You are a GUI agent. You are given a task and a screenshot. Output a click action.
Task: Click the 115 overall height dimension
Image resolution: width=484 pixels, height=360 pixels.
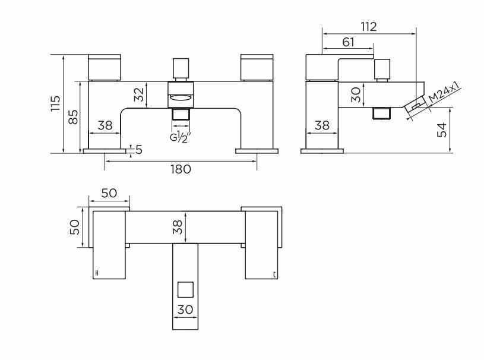[56, 104]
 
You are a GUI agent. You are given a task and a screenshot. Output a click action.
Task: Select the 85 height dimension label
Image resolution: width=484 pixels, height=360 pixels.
[74, 117]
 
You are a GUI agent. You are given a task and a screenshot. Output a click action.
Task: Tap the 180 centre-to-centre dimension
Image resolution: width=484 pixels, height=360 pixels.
[181, 169]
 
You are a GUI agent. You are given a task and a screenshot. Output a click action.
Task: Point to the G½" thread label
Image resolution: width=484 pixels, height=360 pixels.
[181, 137]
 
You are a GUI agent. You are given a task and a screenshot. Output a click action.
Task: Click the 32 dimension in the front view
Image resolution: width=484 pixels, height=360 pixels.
[139, 94]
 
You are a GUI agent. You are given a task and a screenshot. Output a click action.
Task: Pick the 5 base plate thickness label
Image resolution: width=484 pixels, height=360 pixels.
[139, 150]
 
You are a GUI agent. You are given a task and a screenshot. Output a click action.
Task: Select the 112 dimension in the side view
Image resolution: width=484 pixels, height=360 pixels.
[369, 27]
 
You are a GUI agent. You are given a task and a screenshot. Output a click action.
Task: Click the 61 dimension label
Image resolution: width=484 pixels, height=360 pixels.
[348, 42]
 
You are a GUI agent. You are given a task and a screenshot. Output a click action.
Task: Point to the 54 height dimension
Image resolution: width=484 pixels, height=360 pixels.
[442, 130]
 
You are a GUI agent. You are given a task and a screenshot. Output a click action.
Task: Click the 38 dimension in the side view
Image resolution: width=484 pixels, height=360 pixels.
[322, 125]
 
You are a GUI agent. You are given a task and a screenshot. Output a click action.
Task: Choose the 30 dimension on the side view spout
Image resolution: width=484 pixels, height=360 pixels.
[356, 94]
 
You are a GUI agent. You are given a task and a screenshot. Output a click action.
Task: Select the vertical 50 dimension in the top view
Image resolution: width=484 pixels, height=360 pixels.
[75, 228]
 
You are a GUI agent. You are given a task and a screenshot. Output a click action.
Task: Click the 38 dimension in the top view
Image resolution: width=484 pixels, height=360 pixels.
[178, 227]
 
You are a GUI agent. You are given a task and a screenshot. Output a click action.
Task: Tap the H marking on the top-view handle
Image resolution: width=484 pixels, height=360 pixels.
[97, 273]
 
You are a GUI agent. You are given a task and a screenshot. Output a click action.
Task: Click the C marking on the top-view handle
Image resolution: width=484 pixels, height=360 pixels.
[274, 274]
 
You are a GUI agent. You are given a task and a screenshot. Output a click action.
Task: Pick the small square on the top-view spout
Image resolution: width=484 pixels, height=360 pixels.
[185, 290]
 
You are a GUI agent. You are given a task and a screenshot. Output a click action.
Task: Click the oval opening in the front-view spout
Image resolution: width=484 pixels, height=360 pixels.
[181, 99]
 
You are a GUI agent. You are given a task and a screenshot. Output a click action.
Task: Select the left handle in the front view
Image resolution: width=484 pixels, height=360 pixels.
[105, 67]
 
